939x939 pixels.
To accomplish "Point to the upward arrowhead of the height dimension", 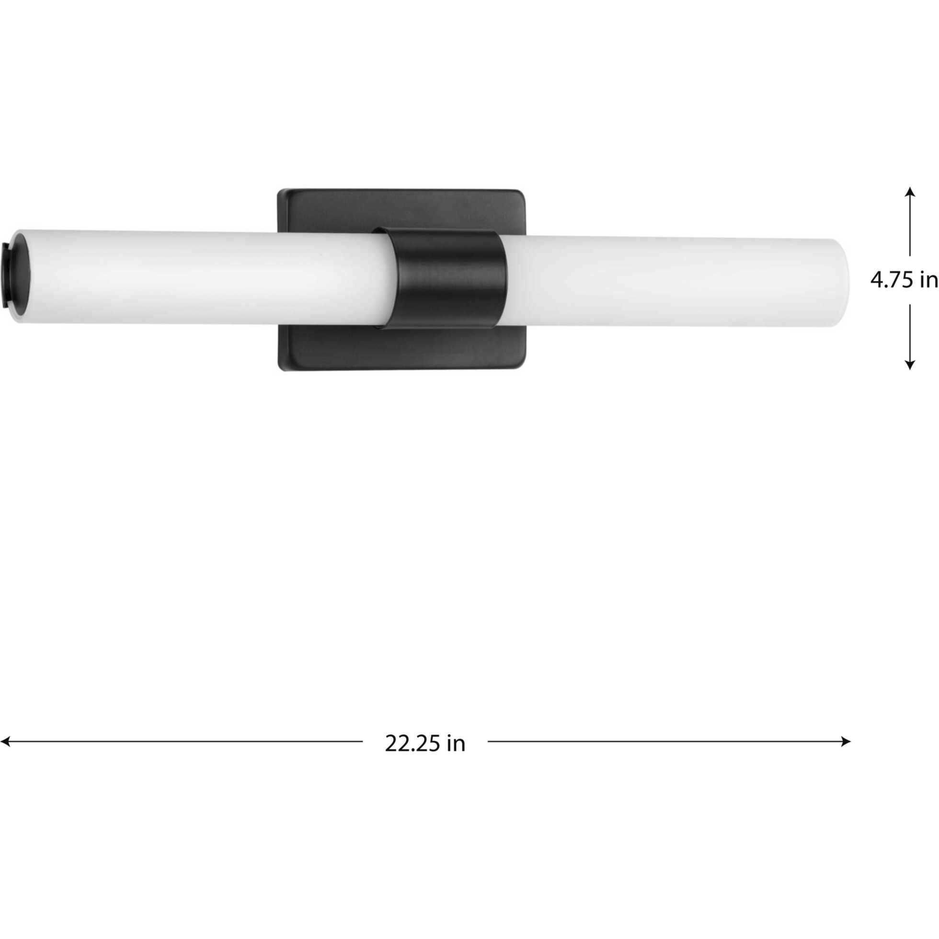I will click(x=910, y=192).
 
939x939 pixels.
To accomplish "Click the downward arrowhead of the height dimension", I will click(x=910, y=365).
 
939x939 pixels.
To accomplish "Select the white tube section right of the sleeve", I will click(x=671, y=282).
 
